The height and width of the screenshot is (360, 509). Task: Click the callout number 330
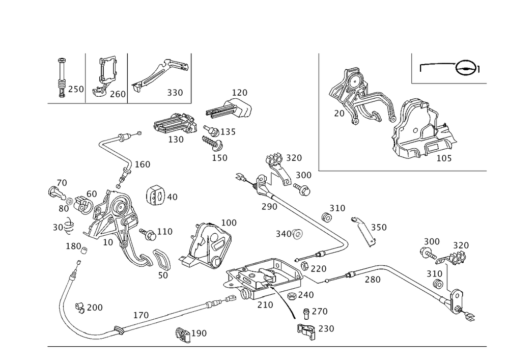(175, 94)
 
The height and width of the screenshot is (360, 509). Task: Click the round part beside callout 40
(156, 196)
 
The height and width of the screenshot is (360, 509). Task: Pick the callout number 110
(165, 232)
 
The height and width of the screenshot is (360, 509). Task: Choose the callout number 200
(95, 308)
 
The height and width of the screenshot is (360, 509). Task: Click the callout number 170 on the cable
(140, 316)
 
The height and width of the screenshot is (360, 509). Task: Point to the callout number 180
(73, 246)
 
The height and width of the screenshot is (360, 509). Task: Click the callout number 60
(92, 194)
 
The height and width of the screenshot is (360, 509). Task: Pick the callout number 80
(64, 209)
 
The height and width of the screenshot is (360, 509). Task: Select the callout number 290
(269, 206)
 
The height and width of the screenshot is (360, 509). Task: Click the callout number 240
(306, 294)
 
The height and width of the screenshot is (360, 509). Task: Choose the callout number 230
(326, 329)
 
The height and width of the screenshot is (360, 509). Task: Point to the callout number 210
(266, 304)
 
